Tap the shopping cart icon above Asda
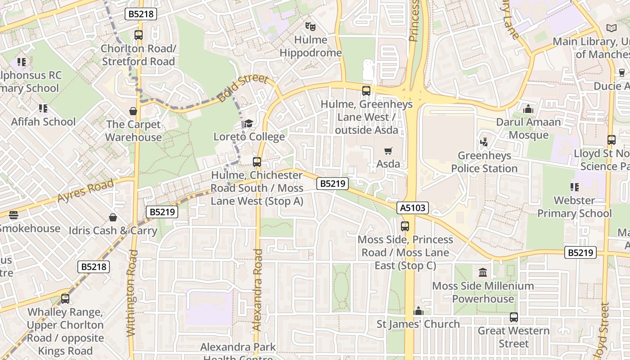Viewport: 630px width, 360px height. point(388,151)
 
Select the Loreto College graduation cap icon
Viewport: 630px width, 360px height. point(248,123)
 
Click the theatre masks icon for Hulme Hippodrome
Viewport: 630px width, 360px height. point(310,27)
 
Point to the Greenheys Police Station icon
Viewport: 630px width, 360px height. point(484,142)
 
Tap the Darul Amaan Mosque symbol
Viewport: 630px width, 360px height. point(528,109)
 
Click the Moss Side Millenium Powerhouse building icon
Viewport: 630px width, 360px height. point(483,272)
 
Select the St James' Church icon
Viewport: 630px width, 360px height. point(418,311)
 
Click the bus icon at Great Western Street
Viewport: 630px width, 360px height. point(514,317)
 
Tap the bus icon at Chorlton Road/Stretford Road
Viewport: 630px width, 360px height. point(139,35)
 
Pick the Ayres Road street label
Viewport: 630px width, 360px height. point(85,191)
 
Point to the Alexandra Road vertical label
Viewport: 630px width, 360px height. point(258,290)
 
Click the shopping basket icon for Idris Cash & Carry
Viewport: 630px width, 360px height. point(113,218)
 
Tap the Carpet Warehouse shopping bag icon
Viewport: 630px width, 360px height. point(133,111)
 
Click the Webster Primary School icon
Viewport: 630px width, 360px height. point(574,187)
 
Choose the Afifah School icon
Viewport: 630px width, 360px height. point(43,108)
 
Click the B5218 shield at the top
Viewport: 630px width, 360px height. point(141,14)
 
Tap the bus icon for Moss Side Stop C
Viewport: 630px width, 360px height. point(405,226)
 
